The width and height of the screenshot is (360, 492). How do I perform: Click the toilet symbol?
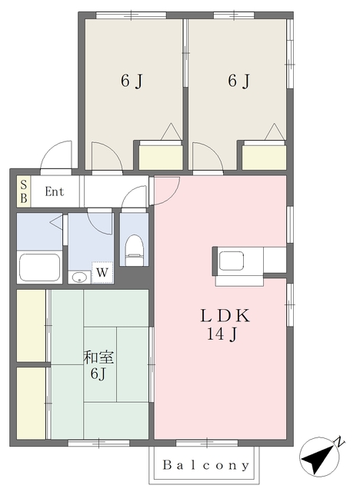click(x=135, y=250)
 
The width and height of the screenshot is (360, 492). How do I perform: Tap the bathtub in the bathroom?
click(x=39, y=268)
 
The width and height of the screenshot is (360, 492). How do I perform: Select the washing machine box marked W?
click(x=102, y=272)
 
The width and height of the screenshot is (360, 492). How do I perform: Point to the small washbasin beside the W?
click(x=79, y=277)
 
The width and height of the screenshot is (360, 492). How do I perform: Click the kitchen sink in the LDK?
click(x=232, y=261)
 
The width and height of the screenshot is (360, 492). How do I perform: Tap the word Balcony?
click(x=206, y=464)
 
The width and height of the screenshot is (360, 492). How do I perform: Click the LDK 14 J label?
click(x=225, y=324)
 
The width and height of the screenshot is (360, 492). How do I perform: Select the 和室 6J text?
click(x=98, y=365)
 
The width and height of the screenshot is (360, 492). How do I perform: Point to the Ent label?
click(x=55, y=191)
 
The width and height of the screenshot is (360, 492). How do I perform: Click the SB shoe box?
click(x=24, y=191)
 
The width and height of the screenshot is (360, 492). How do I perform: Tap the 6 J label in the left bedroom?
click(x=132, y=81)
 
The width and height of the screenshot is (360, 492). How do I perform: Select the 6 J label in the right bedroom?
click(x=238, y=81)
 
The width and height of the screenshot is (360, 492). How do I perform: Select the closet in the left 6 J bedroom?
click(x=161, y=158)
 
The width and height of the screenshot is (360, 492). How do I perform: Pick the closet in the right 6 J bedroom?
click(x=264, y=158)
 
